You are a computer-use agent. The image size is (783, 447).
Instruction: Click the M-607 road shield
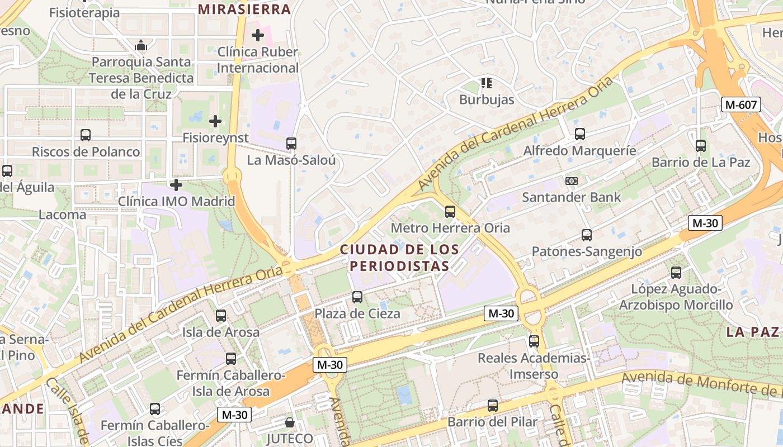click(x=741, y=104)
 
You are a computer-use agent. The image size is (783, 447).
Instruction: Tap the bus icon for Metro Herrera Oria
click(x=450, y=212)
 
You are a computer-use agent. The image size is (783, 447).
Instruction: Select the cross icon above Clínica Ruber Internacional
click(x=258, y=36)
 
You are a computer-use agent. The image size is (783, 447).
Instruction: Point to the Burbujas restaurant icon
click(x=487, y=84)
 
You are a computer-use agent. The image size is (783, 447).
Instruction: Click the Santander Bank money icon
click(x=571, y=181)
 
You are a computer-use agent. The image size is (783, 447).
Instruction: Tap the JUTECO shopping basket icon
click(x=290, y=422)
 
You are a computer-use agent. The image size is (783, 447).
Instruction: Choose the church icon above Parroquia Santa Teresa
click(x=141, y=45)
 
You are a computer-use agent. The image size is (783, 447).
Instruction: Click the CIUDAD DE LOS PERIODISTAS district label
click(x=399, y=258)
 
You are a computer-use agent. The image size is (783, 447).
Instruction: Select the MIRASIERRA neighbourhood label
click(x=244, y=9)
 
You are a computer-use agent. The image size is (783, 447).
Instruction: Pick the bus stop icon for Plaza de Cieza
click(x=357, y=297)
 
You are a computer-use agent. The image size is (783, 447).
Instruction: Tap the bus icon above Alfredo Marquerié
click(x=580, y=134)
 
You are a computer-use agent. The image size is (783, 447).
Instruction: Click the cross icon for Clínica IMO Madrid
click(x=176, y=184)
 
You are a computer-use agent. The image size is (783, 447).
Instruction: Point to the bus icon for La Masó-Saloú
click(x=291, y=144)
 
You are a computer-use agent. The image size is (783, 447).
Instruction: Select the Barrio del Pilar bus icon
click(x=493, y=406)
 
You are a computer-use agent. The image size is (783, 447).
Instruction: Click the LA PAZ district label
click(x=752, y=332)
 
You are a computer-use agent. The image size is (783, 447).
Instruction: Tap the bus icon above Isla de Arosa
click(x=221, y=316)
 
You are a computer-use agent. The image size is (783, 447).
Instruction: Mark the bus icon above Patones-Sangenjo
click(x=587, y=235)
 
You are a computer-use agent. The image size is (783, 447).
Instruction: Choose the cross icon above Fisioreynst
click(x=215, y=121)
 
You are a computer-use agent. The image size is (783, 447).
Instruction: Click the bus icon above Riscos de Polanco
click(x=86, y=135)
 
